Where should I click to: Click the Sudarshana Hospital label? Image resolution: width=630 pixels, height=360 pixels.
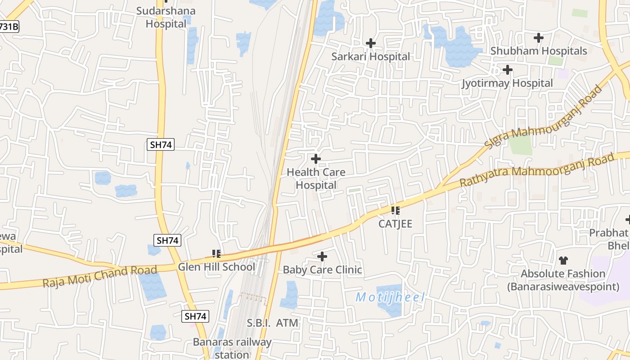click(x=166, y=17)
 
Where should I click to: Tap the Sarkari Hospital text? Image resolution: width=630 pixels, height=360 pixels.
click(x=370, y=57)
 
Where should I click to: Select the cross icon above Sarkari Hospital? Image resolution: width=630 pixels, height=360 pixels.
click(x=371, y=43)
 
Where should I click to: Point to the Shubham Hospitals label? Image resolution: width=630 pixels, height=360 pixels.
click(x=539, y=51)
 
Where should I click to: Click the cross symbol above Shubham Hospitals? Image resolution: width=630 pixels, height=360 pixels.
click(x=539, y=38)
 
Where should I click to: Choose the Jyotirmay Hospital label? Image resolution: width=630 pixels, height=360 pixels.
click(x=507, y=83)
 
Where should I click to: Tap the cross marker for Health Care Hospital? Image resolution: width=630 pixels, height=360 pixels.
click(x=316, y=159)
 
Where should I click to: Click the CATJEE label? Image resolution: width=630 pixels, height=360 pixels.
click(x=395, y=224)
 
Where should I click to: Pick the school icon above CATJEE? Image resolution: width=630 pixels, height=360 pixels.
click(x=395, y=210)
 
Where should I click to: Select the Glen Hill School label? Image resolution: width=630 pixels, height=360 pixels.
click(x=216, y=267)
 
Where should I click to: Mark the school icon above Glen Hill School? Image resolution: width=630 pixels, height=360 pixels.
click(x=216, y=254)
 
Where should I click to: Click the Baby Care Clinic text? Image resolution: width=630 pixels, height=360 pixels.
click(x=322, y=270)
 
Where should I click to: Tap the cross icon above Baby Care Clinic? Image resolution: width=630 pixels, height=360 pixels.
click(x=322, y=257)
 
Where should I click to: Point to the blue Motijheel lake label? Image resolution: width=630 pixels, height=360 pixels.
click(x=390, y=297)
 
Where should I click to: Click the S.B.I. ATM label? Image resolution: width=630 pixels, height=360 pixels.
click(x=272, y=323)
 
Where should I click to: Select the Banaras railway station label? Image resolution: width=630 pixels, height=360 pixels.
click(x=232, y=348)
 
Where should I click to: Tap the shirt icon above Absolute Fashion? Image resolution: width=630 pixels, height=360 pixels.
click(x=563, y=260)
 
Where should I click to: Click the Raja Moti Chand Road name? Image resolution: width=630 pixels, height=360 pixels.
click(x=100, y=276)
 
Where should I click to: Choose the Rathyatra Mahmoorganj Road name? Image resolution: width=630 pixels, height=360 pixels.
click(x=536, y=171)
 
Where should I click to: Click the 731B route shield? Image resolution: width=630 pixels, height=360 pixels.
click(x=8, y=27)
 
